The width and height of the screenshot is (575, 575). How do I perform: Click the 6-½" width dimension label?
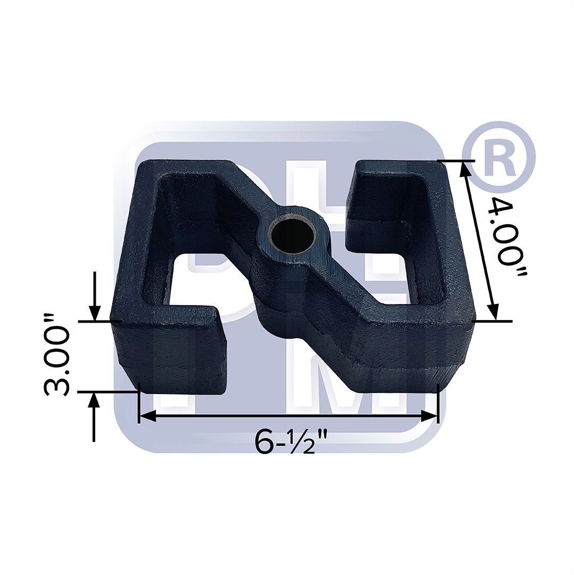[290, 441]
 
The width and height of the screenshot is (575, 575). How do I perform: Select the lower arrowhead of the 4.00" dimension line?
[493, 313]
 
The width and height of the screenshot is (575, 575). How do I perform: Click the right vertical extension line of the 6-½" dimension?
[438, 405]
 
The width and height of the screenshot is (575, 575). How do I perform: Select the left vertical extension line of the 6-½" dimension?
[138, 405]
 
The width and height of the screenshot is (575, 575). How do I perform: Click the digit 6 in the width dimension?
[264, 441]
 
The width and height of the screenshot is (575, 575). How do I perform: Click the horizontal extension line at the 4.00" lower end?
[495, 322]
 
